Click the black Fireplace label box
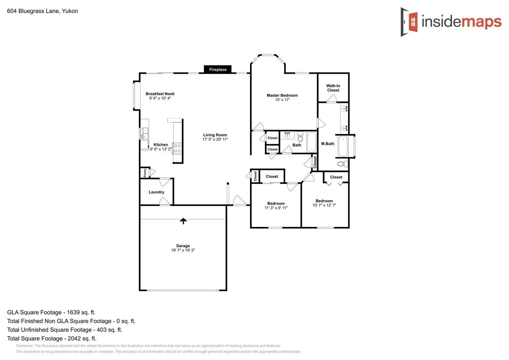pos(218,69)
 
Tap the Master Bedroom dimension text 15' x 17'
pos(282,100)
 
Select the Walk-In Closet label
pos(333,88)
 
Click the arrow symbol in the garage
pos(183,221)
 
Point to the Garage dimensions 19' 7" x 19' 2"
pos(183,250)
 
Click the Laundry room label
pos(156,192)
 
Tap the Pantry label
pos(145,173)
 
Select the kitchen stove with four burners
pos(177,148)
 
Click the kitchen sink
pos(144,134)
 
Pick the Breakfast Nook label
pos(160,94)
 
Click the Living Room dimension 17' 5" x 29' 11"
pos(215,139)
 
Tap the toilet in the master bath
pos(343,164)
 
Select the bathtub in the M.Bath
pos(343,146)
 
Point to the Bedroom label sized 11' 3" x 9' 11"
pos(276,203)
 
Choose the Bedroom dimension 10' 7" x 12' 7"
pos(324,205)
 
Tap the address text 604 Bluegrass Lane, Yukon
pos(42,11)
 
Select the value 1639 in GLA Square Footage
pos(73,312)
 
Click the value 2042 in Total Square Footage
pos(74,338)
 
